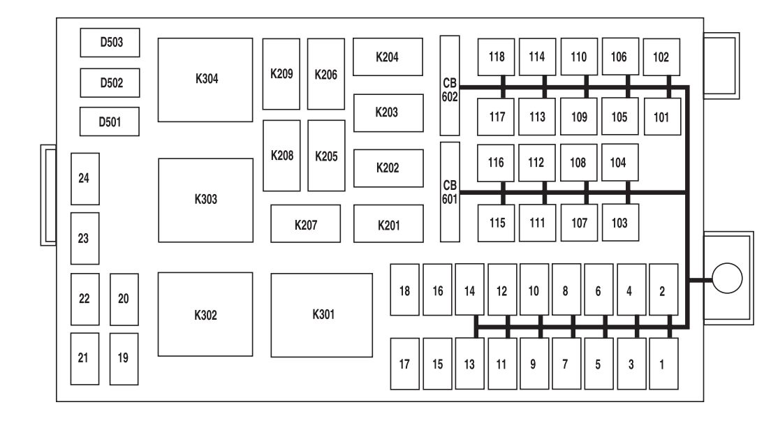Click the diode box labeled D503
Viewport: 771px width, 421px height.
coord(111,43)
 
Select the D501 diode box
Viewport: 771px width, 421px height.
coord(110,122)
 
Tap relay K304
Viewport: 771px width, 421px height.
coord(205,80)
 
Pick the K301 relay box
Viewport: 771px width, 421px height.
coord(322,315)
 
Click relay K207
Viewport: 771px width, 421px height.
coord(305,224)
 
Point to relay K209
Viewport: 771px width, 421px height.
coord(281,74)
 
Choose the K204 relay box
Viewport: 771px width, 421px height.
coord(388,57)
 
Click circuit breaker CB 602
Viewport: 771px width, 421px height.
coord(450,85)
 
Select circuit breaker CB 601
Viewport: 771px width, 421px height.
coord(450,191)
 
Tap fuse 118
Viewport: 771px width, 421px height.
coord(497,57)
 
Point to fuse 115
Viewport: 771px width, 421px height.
coord(497,223)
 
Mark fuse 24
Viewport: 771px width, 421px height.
coord(85,178)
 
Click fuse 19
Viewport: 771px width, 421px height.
coord(124,358)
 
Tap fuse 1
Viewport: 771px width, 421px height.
coord(663,364)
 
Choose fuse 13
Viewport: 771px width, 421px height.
coord(469,364)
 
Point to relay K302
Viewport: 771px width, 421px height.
coord(205,315)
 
